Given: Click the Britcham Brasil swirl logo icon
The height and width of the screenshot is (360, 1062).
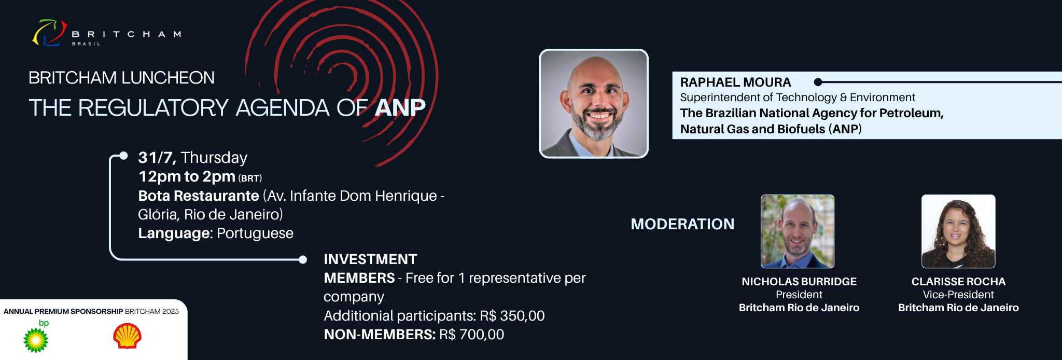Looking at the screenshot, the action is [50, 33].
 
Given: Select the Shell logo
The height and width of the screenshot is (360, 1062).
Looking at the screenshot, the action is [127, 336].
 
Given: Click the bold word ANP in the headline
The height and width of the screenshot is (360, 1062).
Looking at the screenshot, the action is [400, 107].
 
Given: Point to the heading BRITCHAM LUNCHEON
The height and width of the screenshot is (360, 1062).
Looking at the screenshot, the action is [121, 78].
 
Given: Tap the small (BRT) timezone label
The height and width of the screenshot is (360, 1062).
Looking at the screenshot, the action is [250, 178].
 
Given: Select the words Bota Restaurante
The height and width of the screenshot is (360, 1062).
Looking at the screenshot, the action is [199, 196].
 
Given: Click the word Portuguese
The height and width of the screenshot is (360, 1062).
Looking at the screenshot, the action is [255, 233].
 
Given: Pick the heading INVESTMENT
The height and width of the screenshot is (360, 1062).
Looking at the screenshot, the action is [370, 259].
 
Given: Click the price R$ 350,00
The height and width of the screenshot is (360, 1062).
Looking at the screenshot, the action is [512, 316].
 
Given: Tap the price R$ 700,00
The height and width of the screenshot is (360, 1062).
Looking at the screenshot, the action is [471, 335].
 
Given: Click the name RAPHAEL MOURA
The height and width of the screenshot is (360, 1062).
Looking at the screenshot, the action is [735, 82].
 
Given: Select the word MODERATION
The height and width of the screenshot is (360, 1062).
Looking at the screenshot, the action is [682, 224].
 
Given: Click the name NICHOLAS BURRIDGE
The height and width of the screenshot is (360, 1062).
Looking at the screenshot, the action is [799, 282].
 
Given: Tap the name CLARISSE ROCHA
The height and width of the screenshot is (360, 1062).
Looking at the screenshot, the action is [958, 282].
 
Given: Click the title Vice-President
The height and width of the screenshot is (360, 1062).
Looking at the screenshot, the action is [958, 295].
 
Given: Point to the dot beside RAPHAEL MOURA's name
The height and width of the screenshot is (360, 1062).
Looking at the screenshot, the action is [818, 82].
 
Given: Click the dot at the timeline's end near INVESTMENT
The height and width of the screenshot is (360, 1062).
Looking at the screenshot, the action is [303, 260].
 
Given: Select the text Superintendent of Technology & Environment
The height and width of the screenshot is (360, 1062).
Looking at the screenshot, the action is [798, 98].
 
